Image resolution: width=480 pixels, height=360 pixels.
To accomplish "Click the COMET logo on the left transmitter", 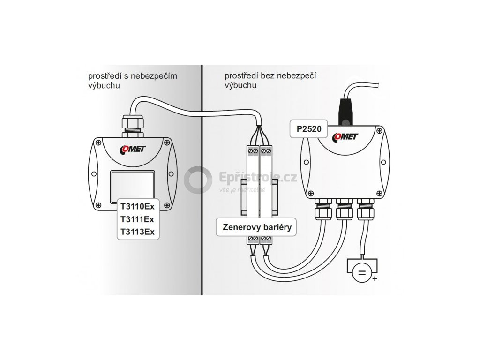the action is point(133,149).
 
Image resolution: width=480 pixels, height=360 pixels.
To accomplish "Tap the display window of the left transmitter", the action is point(132,186).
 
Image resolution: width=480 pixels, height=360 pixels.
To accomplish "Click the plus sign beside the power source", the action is point(374,279).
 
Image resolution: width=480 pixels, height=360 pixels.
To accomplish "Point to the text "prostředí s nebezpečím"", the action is point(133,76).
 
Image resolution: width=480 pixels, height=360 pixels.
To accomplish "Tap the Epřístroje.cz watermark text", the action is point(258,178).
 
